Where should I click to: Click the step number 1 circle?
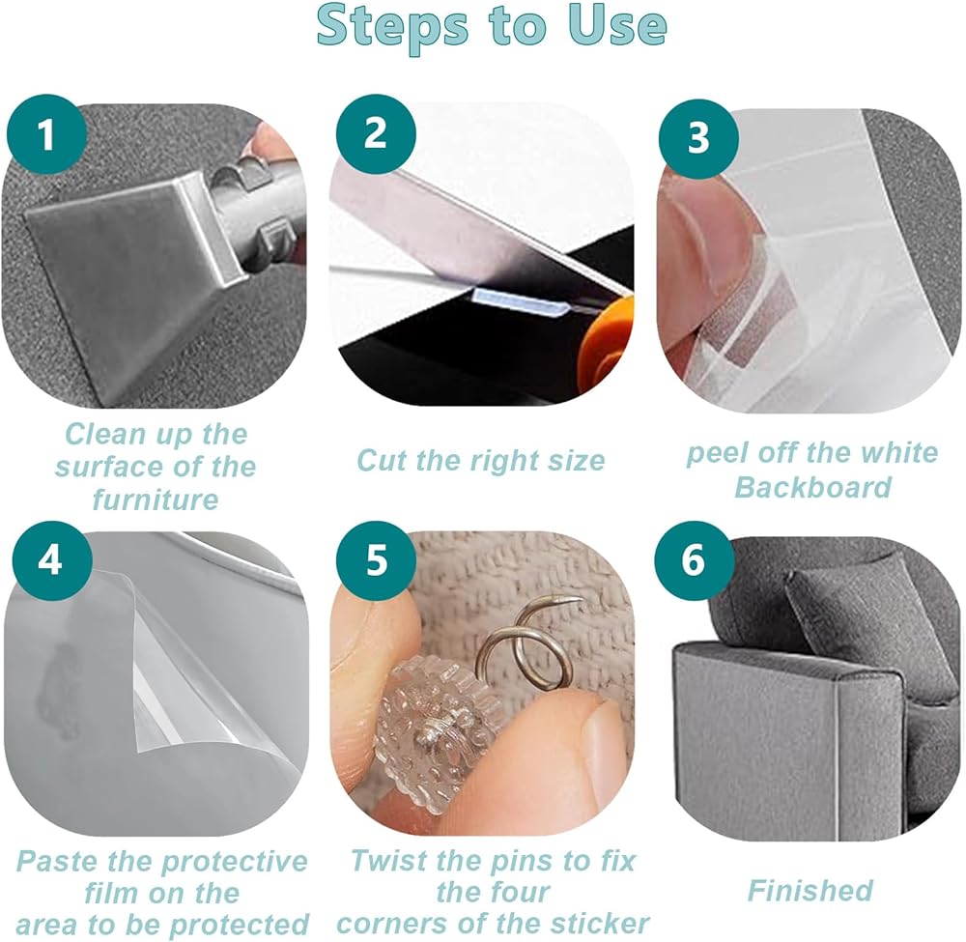click(46, 134)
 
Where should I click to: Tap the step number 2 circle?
click(376, 131)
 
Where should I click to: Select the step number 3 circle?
click(698, 137)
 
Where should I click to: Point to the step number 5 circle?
click(376, 560)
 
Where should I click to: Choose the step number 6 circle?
click(695, 560)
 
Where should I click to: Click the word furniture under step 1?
click(156, 500)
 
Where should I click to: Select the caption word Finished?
click(810, 890)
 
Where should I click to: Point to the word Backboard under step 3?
click(813, 487)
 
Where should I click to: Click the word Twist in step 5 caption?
click(387, 860)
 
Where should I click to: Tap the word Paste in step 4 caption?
click(57, 861)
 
